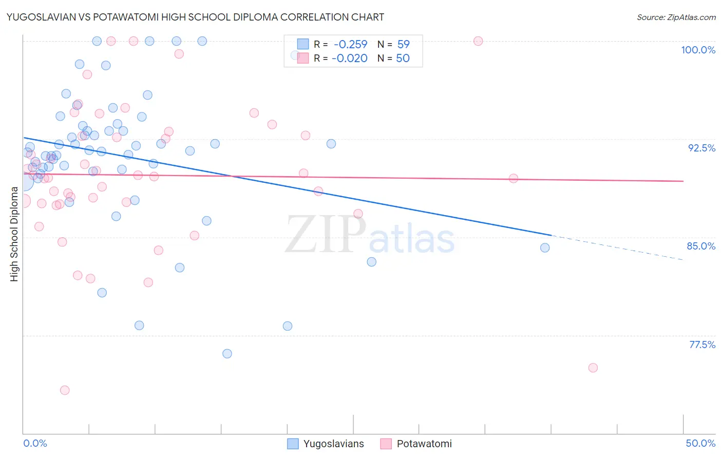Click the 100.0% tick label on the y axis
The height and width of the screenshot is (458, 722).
(x=698, y=50)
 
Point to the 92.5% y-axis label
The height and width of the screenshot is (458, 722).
(x=701, y=148)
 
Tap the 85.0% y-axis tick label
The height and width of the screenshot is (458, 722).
(x=701, y=246)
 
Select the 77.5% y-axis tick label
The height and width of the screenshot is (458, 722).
(x=702, y=345)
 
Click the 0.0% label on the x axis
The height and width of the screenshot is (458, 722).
(x=35, y=443)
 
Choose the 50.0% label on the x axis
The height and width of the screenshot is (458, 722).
(x=700, y=443)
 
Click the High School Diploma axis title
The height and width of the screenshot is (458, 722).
(x=14, y=234)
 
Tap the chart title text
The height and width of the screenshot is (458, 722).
(x=195, y=17)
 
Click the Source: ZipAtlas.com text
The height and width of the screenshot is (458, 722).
(x=676, y=17)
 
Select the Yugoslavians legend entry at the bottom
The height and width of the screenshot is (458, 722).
(x=333, y=444)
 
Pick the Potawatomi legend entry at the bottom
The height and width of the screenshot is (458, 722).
(x=424, y=444)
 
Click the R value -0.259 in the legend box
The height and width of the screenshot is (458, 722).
(x=350, y=44)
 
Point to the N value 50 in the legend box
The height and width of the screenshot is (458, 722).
(x=403, y=59)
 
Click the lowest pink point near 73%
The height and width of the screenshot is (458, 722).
(x=65, y=390)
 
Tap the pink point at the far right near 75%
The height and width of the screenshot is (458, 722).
(x=593, y=368)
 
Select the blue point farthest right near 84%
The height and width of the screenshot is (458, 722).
(x=545, y=247)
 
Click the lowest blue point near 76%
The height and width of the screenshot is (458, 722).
(x=227, y=354)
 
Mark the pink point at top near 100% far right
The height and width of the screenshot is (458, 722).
(x=478, y=41)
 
